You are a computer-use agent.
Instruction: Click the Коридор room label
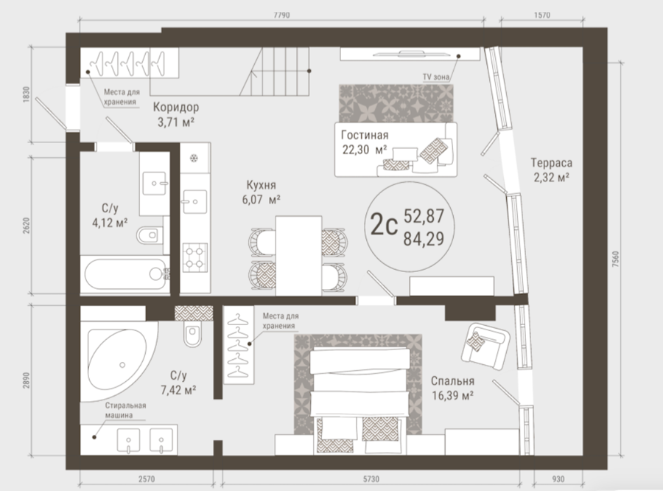click(x=176, y=107)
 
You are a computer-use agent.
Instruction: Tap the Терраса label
click(x=551, y=162)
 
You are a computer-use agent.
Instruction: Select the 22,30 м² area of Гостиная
click(x=365, y=150)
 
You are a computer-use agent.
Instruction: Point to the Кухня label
click(x=262, y=185)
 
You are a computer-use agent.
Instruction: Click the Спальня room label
click(x=452, y=381)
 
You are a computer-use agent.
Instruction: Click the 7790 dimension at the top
click(x=282, y=15)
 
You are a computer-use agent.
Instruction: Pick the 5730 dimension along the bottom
click(x=371, y=479)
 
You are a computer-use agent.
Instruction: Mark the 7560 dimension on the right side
click(x=616, y=259)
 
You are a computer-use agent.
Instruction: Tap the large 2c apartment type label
click(x=384, y=226)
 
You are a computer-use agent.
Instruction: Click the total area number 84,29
click(x=424, y=239)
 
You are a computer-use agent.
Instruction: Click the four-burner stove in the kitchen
click(x=195, y=257)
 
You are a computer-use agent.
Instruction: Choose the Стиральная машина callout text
click(x=125, y=410)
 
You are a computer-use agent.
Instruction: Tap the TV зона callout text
click(x=436, y=77)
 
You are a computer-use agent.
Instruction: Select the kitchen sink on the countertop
click(x=194, y=202)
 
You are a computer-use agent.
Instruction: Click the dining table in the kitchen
click(x=298, y=256)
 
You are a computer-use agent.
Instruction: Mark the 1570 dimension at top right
click(x=542, y=15)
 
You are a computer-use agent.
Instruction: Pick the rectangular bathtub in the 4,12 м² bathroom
click(x=125, y=274)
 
